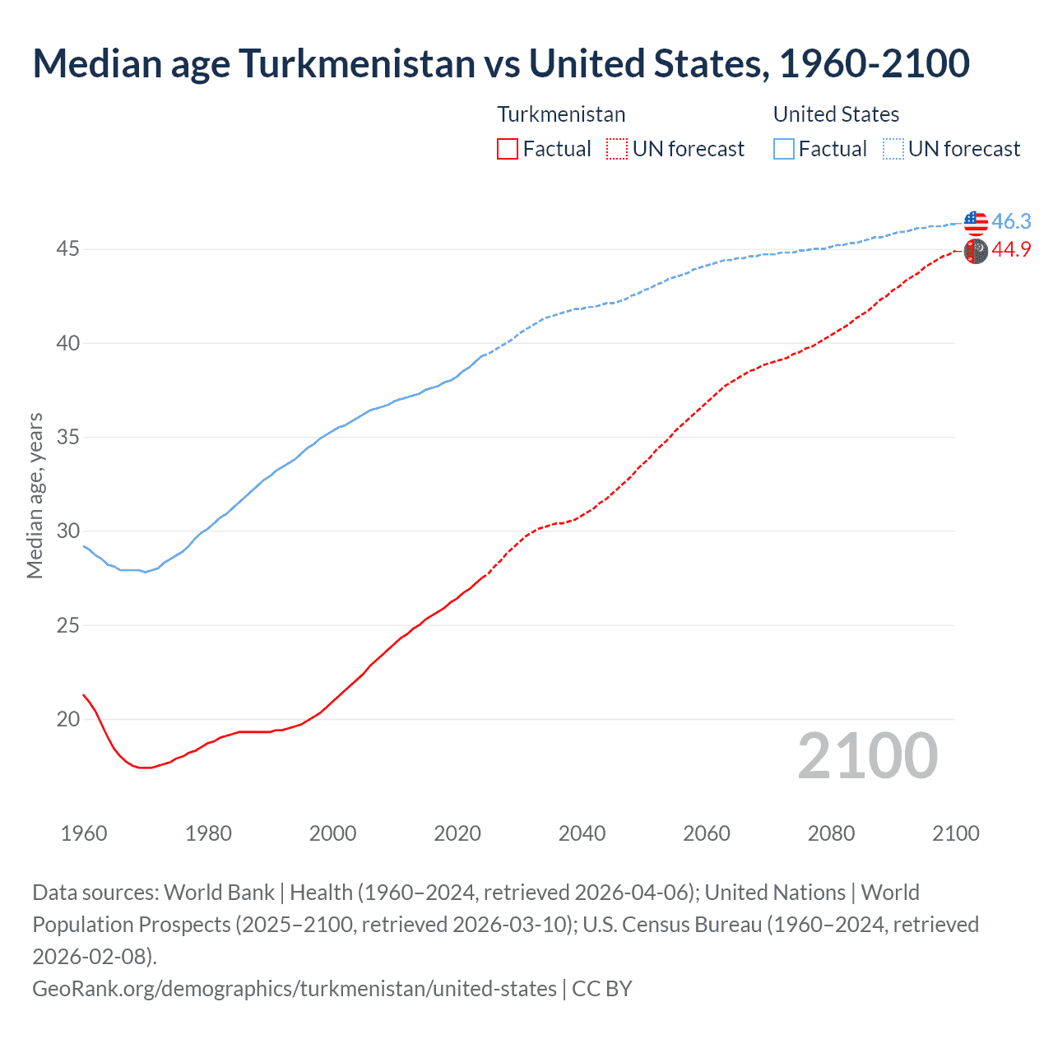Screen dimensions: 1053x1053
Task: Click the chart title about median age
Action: point(501,63)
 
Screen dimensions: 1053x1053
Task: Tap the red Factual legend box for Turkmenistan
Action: point(508,149)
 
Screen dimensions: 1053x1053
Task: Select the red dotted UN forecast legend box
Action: point(616,149)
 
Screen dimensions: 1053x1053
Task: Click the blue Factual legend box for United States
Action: point(784,149)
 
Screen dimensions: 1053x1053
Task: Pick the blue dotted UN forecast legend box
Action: point(893,149)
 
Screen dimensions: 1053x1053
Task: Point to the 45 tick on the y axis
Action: point(67,248)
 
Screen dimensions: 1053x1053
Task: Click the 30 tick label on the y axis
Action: point(67,531)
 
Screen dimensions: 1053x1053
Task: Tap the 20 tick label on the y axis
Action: point(67,719)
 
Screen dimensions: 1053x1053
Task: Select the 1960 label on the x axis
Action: point(84,833)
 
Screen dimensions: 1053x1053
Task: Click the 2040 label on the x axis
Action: point(582,833)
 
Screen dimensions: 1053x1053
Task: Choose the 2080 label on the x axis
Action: point(831,833)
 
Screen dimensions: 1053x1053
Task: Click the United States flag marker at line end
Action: point(975,222)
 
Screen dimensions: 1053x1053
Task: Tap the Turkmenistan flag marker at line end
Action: point(975,251)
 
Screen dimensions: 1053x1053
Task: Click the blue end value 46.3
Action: point(1011,221)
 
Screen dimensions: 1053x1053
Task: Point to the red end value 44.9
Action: point(1011,249)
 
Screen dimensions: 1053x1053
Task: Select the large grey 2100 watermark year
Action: point(867,756)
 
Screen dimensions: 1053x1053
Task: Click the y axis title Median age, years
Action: point(35,496)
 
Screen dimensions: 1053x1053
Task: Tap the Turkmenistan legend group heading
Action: point(561,114)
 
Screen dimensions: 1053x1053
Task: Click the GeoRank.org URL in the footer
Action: point(295,988)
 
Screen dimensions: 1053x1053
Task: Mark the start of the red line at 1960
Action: point(84,695)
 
